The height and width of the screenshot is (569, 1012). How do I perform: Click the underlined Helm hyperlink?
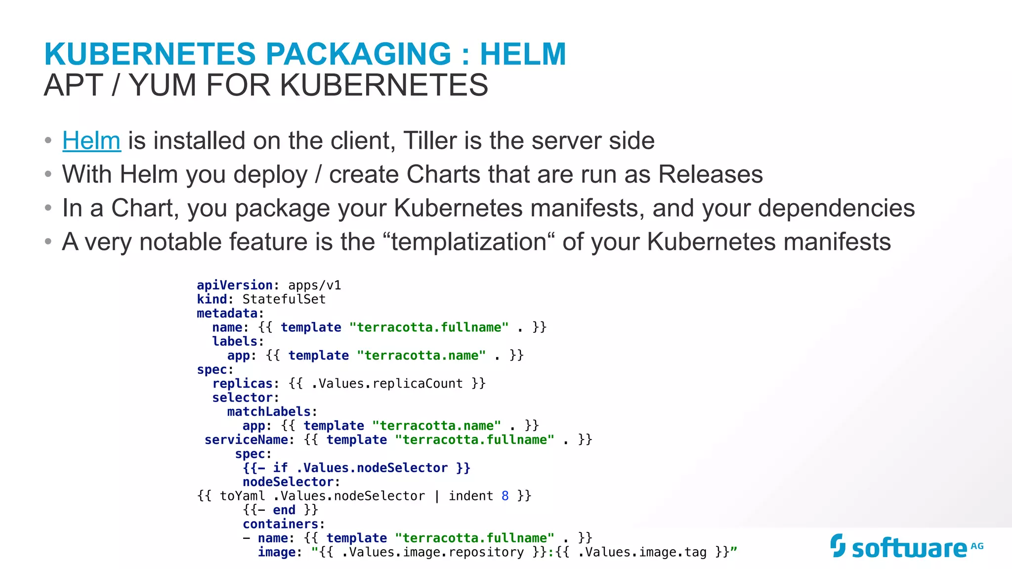91,141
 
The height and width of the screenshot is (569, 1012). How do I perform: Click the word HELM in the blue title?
523,54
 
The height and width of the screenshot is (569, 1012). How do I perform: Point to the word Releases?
711,174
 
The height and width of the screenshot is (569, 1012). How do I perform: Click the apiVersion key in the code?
235,285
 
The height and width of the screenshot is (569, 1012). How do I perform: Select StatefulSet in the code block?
284,299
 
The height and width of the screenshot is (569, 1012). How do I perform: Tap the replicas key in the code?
242,384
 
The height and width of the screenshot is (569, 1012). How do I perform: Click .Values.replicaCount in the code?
387,384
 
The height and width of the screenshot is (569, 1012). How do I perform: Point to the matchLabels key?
269,412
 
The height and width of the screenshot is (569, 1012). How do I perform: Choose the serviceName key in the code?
246,440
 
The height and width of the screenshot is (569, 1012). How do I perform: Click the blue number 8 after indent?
505,496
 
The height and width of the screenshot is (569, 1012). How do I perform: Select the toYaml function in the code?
242,496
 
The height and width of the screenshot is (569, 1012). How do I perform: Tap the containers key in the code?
281,524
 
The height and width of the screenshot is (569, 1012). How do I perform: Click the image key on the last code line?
277,552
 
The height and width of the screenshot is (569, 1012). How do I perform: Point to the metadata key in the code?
227,314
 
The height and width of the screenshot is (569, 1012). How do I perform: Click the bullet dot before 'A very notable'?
48,242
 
